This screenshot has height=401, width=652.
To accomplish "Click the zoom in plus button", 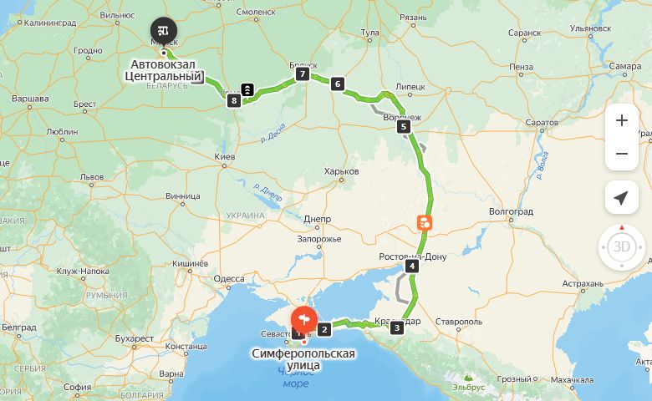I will pos(621,120).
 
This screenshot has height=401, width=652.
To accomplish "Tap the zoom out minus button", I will pos(621,154).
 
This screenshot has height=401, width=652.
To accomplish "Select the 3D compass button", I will pos(621,246).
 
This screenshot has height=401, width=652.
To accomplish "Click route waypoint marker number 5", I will pos(404,127).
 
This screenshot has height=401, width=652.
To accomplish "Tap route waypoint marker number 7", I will pos(303,74).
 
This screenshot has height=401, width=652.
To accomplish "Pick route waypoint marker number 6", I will pos(337,84).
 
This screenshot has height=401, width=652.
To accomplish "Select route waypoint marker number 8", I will pos(233,101).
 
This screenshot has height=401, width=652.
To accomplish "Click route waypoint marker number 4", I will pos(411,266).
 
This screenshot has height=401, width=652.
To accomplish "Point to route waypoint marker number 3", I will pos(396,327).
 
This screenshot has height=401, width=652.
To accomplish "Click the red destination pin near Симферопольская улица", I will pos(303,320).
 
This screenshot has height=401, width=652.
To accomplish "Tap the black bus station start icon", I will pos(163,30).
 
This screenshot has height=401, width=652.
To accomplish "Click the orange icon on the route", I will pos(425,222).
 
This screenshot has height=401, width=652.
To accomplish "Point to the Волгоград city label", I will pos(510,212).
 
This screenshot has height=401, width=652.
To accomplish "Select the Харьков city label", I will pos(341,171).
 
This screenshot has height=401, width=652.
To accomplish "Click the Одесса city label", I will pos(229,279).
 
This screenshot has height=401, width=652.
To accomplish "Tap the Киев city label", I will pos(225,157).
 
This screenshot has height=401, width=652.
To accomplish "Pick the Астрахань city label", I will pos(583,284).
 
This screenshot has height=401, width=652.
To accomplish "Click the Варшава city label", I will pos(30,99).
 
